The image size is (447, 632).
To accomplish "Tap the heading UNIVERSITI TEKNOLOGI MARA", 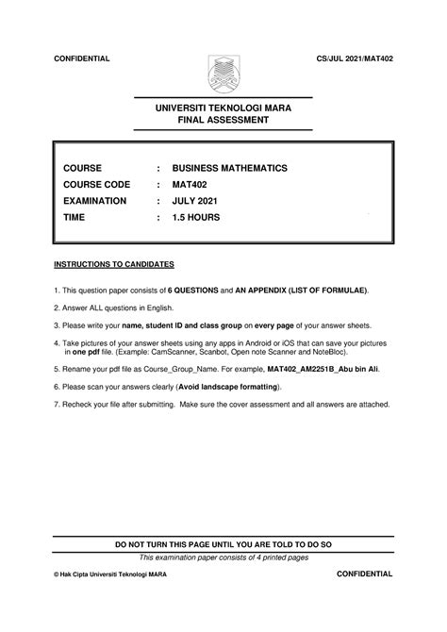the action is click(x=223, y=108).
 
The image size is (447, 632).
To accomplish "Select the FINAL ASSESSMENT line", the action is click(x=223, y=122).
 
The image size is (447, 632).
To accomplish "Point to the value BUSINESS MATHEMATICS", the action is click(x=230, y=168).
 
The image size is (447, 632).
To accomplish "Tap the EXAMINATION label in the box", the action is click(x=94, y=201).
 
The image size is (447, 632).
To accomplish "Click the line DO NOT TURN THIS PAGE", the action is click(x=223, y=545).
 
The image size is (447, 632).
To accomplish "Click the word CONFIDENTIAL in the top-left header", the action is click(x=82, y=58).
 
